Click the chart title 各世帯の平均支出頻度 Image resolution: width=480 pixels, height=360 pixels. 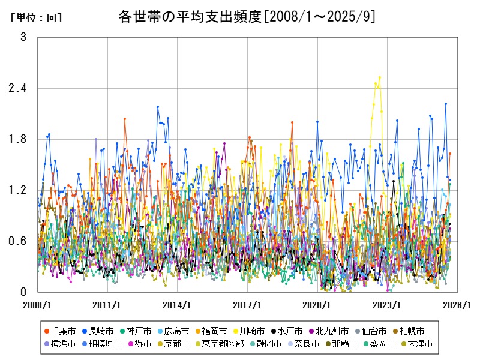[247, 16]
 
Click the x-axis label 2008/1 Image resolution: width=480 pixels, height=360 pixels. [38, 305]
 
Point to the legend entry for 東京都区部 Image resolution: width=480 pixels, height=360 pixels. [223, 344]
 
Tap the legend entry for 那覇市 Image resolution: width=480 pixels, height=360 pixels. [340, 344]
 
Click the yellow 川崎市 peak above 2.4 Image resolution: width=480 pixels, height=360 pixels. [380, 77]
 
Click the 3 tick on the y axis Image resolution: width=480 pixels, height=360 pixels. [23, 37]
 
